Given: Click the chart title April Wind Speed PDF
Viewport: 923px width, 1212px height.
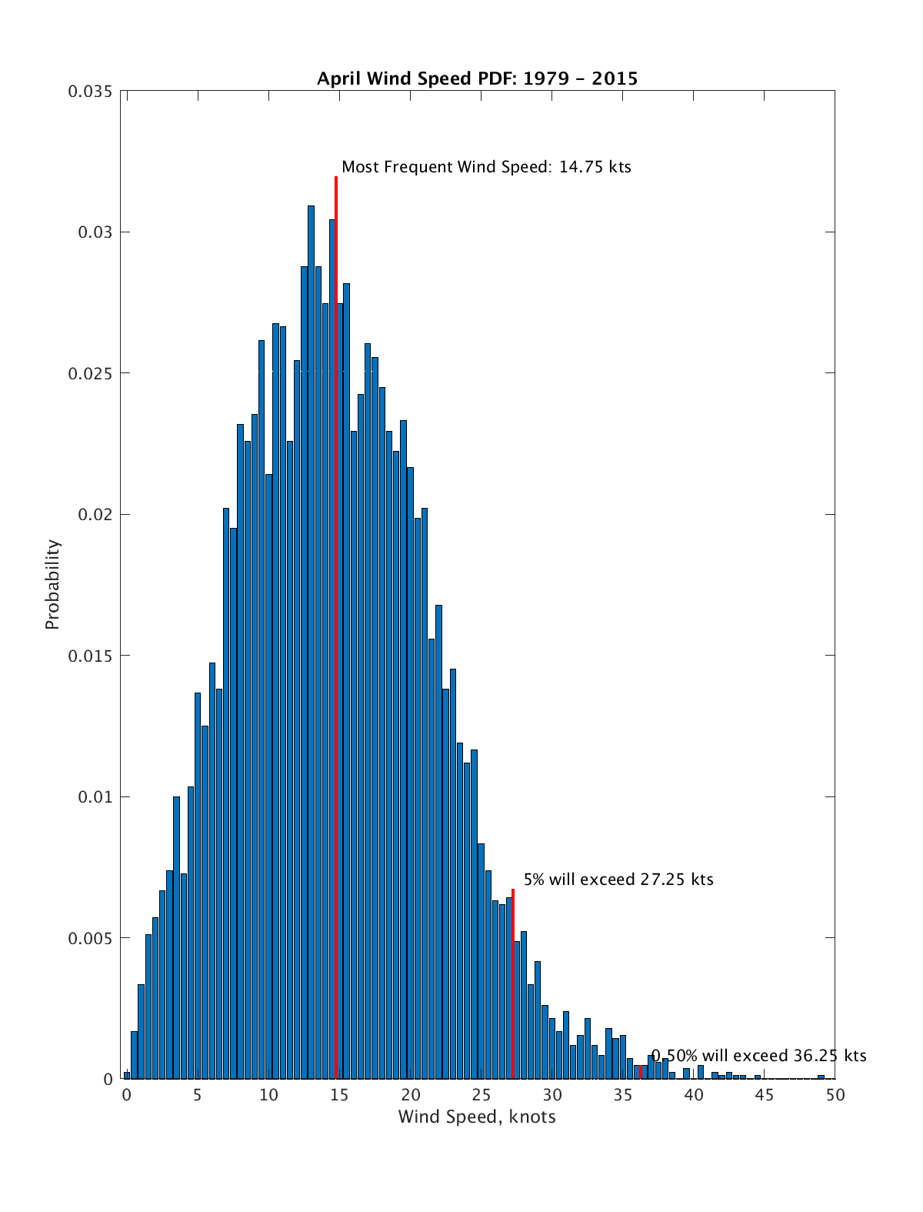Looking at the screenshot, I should [477, 78].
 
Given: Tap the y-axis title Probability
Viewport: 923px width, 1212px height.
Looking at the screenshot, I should [52, 584].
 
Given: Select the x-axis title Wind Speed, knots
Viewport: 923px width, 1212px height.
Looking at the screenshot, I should [477, 1117].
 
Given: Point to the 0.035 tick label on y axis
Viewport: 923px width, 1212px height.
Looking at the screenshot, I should [90, 92].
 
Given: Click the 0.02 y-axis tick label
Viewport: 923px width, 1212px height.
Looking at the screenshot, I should [95, 515].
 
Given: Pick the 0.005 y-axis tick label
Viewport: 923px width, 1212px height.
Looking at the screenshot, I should [90, 938].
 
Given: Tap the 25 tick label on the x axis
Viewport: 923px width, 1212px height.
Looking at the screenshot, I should [481, 1095].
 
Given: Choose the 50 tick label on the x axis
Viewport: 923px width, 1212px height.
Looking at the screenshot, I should [835, 1095].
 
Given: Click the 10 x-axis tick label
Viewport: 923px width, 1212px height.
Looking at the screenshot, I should [268, 1095].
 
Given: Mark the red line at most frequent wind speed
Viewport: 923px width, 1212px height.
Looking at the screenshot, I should [336, 616].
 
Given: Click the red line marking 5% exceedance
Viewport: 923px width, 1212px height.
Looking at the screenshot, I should [513, 985].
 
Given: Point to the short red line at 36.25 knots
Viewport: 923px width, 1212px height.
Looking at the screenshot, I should [641, 1072].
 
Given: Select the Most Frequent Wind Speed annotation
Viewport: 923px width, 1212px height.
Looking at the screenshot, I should [486, 167].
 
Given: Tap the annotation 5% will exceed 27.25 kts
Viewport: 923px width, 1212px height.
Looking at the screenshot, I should [618, 880].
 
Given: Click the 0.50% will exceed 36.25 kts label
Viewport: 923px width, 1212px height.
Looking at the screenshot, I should [758, 1056].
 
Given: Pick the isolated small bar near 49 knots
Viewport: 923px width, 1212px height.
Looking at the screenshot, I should [821, 1077].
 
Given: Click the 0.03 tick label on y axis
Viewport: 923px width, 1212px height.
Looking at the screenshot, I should [95, 232].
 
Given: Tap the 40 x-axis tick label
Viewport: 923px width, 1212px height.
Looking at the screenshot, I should [693, 1095].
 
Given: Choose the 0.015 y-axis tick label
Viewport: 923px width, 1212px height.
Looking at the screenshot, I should [90, 656].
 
